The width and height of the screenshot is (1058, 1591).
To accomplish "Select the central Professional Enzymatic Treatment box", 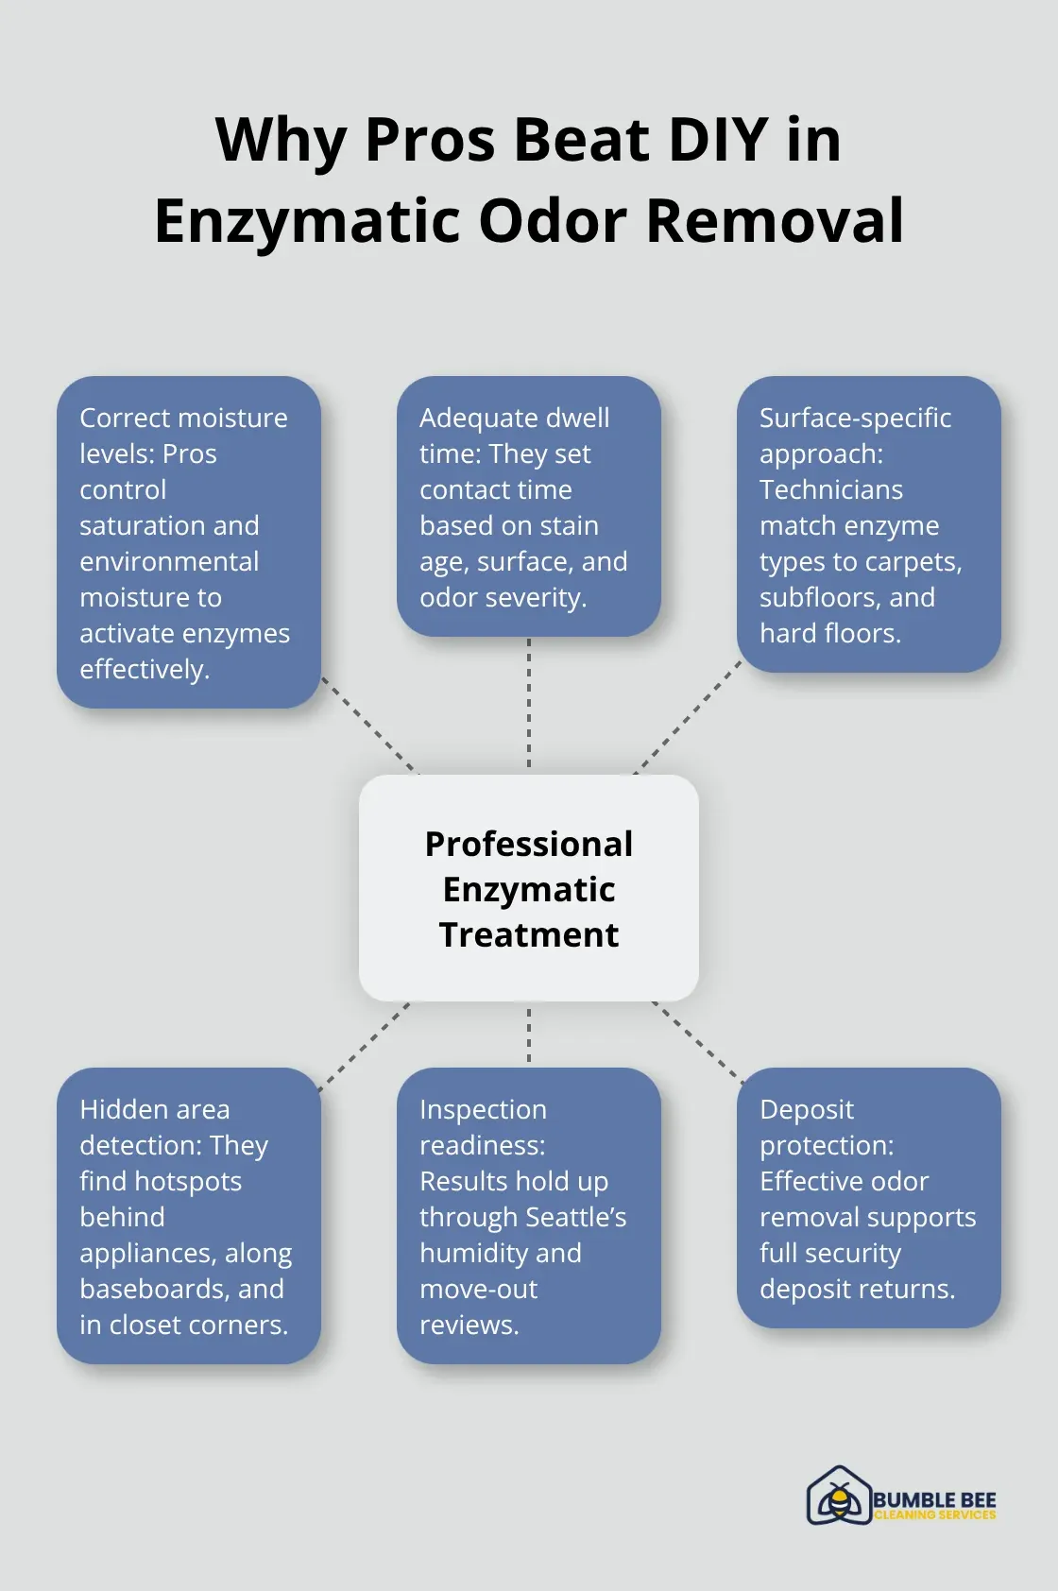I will (x=529, y=888).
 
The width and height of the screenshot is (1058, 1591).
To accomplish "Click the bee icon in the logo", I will (x=838, y=1498).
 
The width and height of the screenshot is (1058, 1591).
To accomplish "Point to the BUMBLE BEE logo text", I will (x=933, y=1500).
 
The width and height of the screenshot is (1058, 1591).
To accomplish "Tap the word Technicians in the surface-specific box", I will (x=831, y=489).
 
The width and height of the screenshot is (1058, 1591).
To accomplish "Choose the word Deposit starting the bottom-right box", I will (x=807, y=1109).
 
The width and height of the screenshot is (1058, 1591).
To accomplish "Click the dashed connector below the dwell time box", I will (x=529, y=704).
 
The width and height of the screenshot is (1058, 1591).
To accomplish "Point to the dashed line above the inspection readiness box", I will (x=529, y=1035).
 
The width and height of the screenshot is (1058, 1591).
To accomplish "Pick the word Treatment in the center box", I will (x=529, y=934).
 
